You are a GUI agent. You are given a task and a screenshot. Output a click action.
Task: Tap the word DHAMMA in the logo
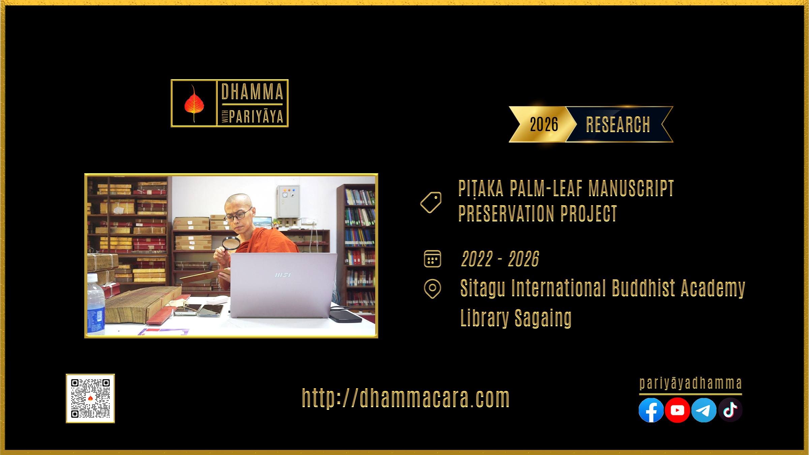click(x=252, y=92)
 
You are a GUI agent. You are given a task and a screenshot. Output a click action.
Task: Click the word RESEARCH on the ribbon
click(x=618, y=125)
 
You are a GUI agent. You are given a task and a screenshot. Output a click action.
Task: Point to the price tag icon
click(x=431, y=202)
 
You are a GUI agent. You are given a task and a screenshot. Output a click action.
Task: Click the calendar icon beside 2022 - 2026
click(x=432, y=259)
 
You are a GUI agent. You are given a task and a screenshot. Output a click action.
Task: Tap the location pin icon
click(x=432, y=289)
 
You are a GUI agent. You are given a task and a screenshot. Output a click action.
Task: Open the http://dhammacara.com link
click(x=406, y=398)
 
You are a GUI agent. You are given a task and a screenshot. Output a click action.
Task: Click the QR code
click(x=90, y=398)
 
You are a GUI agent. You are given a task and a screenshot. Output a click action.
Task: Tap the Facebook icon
click(x=651, y=410)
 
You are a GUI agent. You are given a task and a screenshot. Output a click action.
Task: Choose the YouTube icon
click(x=677, y=410)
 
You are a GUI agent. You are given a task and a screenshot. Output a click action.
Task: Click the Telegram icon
click(x=703, y=410)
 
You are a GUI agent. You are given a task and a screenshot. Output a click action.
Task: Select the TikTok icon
click(x=730, y=410)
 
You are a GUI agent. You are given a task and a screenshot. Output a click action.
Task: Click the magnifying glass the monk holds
click(x=231, y=244)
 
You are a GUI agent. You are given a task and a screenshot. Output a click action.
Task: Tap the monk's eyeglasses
click(x=238, y=215)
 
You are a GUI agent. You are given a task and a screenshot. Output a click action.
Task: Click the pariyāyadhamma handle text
click(x=691, y=383)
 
